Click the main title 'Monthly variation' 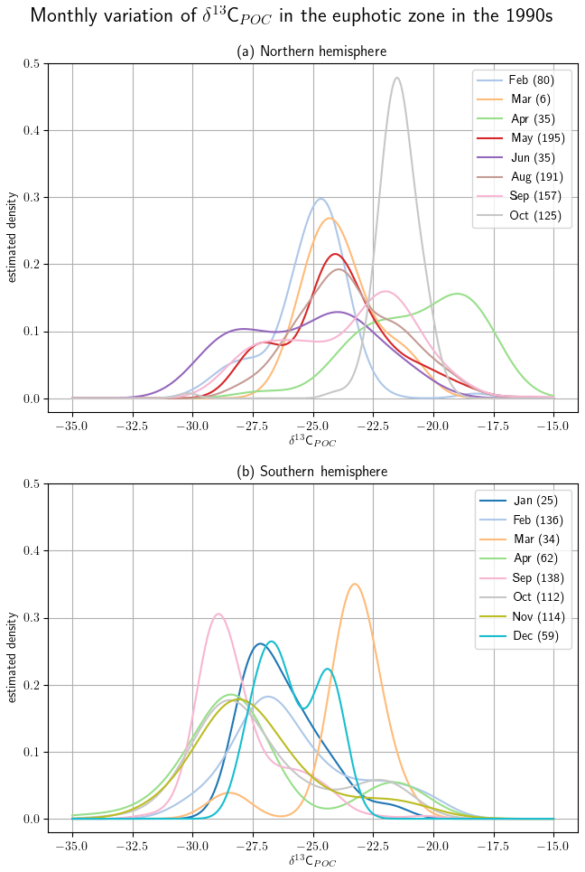pos(292,16)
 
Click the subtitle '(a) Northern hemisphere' pos(311,52)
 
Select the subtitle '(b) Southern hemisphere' pos(311,472)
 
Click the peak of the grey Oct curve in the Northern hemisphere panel pos(396,78)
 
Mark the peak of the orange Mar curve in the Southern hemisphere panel pos(355,584)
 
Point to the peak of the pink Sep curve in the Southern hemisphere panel pos(218,614)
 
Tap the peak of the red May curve pos(335,254)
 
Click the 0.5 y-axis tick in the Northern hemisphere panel pos(32,63)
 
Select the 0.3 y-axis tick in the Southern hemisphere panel pos(32,618)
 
